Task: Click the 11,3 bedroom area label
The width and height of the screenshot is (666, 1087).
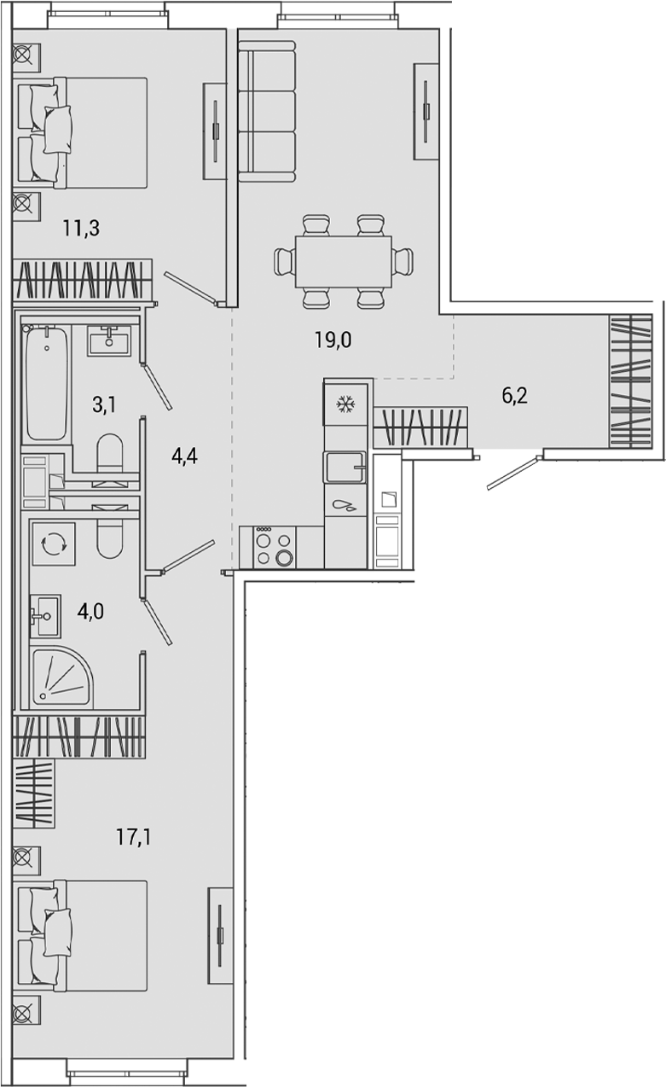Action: click(x=82, y=228)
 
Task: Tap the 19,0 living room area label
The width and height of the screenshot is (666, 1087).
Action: click(x=333, y=340)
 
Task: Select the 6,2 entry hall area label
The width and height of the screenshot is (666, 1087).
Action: click(x=514, y=395)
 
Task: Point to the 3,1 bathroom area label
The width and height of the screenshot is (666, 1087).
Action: click(x=104, y=404)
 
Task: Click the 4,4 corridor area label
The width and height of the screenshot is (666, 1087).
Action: click(x=185, y=456)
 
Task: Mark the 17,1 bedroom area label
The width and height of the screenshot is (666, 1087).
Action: click(x=134, y=837)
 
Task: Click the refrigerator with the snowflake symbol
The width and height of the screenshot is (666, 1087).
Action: click(x=346, y=404)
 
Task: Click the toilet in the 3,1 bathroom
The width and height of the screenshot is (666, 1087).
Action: click(x=110, y=453)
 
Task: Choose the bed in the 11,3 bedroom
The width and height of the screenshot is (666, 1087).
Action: click(x=85, y=132)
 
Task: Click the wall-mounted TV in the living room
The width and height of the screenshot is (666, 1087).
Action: click(x=426, y=111)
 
